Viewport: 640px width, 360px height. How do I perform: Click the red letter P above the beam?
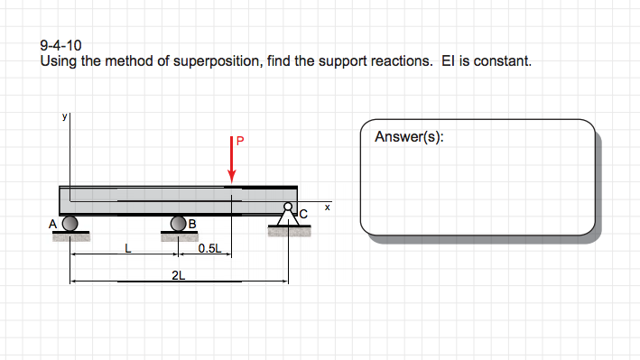coord(240,141)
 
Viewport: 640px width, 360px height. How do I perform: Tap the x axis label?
coord(328,208)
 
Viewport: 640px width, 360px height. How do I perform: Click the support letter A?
coord(53,223)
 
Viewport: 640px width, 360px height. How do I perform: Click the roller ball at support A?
coord(70,223)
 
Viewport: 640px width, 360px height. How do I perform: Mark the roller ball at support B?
coord(179,223)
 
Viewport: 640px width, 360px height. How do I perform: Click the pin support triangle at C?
coord(288,217)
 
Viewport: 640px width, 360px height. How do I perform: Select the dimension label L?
coord(128,248)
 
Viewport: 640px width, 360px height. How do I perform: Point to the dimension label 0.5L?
coord(209,248)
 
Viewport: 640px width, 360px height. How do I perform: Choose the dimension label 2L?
coord(179,275)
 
